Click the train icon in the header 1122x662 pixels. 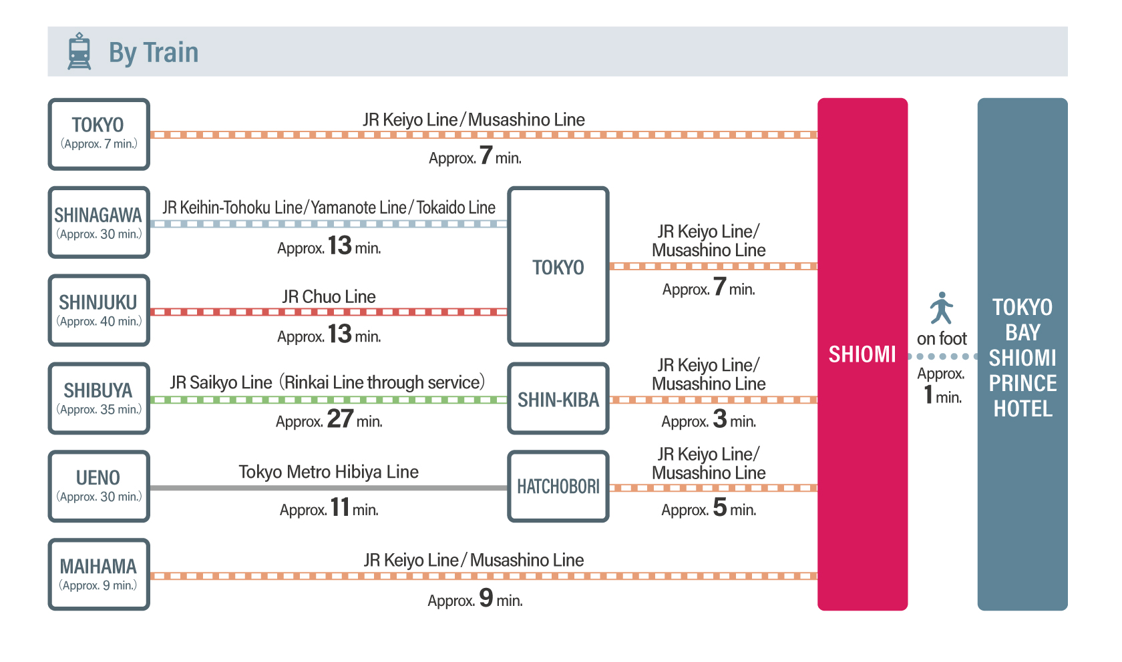tap(79, 51)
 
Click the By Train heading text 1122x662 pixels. tap(154, 52)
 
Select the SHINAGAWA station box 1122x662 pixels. tap(99, 223)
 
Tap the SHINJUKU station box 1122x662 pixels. tap(99, 310)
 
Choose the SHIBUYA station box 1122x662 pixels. tap(99, 398)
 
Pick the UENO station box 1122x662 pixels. tap(99, 486)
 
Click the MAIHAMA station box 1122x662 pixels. tap(99, 575)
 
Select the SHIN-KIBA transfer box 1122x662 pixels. tap(558, 399)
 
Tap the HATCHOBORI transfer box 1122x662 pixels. tap(558, 486)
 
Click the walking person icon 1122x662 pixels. tap(942, 308)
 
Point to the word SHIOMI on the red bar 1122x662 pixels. tap(862, 354)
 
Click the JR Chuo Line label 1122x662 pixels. tap(329, 296)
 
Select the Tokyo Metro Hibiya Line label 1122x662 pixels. tap(329, 472)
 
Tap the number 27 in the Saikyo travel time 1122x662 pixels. tap(340, 419)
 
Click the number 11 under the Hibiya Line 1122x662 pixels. tap(340, 507)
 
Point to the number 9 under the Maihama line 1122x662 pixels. tap(486, 597)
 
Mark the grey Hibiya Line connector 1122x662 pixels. tap(329, 488)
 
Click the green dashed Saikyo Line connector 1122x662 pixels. tap(329, 400)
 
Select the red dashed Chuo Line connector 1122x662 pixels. tap(329, 312)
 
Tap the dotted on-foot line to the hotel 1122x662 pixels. tap(942, 356)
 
